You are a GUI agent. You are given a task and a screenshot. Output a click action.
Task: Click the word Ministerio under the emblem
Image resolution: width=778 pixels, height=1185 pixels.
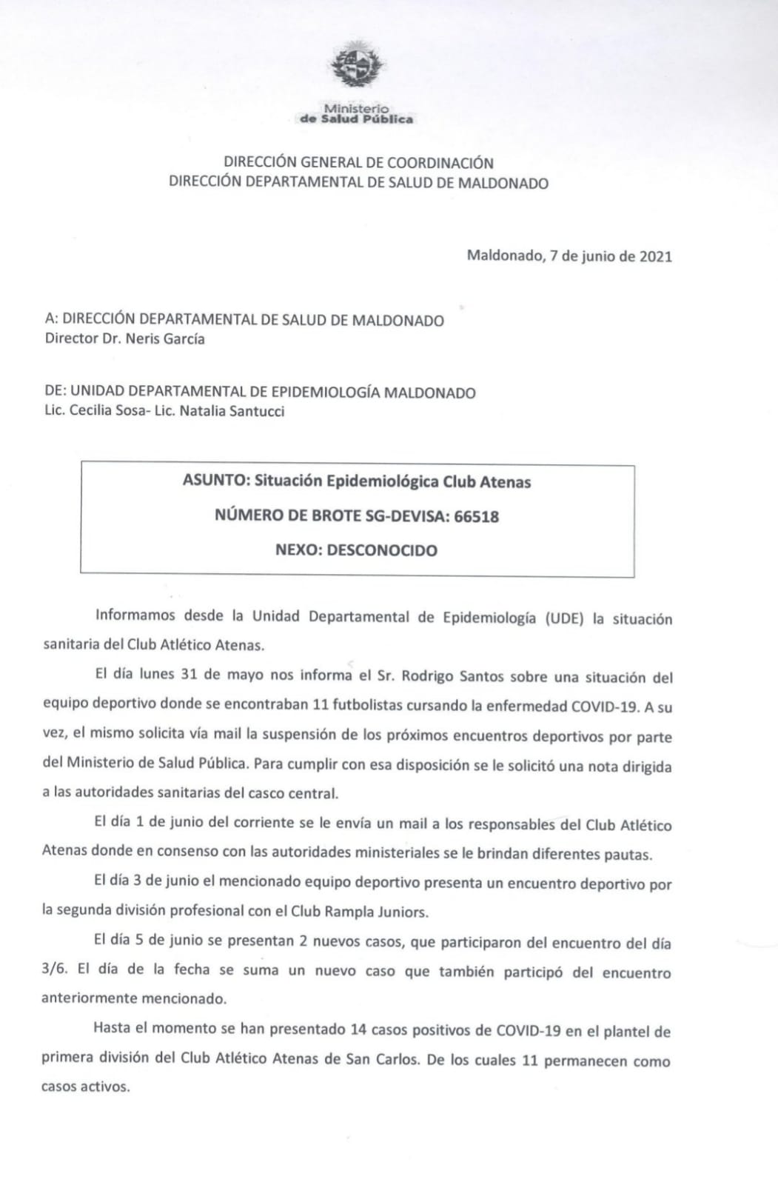(356, 108)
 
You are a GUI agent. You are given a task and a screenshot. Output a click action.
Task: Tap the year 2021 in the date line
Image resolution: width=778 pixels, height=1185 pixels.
(656, 256)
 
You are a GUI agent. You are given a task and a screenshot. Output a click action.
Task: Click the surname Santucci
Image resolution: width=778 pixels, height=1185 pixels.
(255, 411)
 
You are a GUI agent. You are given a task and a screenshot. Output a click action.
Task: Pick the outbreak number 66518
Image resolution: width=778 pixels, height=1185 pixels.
(476, 516)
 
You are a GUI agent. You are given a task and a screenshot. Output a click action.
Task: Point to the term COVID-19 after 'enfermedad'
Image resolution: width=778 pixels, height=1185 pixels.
(604, 706)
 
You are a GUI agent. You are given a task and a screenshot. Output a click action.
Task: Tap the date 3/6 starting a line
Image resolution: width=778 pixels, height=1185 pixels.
(55, 970)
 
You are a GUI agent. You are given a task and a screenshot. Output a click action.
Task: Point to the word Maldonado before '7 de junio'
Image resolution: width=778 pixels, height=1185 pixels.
(504, 256)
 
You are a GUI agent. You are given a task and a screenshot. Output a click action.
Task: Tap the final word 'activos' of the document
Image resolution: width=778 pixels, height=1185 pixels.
(107, 1088)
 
